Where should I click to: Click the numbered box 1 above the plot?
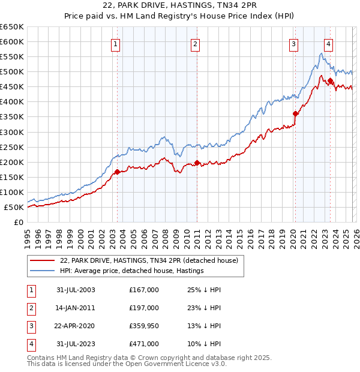115,43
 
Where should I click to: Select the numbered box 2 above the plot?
196,43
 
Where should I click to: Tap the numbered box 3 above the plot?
293,43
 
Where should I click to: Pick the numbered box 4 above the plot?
329,43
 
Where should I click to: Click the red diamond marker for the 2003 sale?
117,172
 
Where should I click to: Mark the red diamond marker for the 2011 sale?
197,163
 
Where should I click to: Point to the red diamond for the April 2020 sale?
295,113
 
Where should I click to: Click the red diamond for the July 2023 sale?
330,80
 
